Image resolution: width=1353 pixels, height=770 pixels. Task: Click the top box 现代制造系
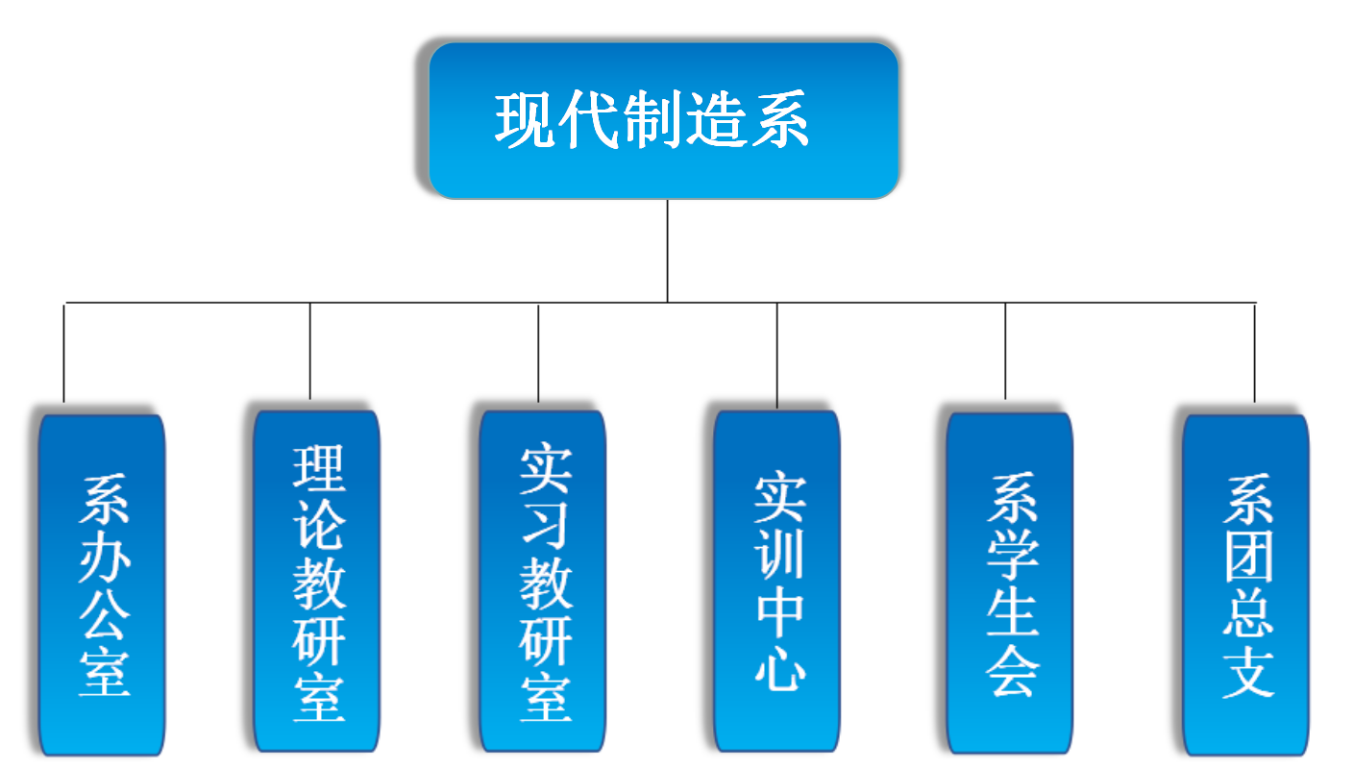pyautogui.click(x=663, y=120)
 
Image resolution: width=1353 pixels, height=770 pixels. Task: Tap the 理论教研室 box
pyautogui.click(x=317, y=581)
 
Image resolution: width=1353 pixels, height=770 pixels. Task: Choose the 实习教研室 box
pyautogui.click(x=543, y=581)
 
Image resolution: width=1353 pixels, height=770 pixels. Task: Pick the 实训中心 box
pyautogui.click(x=776, y=581)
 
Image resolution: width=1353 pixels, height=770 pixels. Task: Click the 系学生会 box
pyautogui.click(x=1009, y=583)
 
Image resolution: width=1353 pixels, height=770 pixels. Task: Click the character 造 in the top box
pyautogui.click(x=714, y=120)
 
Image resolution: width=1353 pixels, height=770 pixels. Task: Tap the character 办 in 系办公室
pyautogui.click(x=104, y=557)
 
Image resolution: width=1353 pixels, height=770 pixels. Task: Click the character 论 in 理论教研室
pyautogui.click(x=318, y=525)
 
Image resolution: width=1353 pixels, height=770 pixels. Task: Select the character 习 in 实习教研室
pyautogui.click(x=545, y=525)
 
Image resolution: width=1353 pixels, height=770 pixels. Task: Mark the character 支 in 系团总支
pyautogui.click(x=1247, y=669)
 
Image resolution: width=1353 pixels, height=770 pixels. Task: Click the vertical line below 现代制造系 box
pyautogui.click(x=667, y=250)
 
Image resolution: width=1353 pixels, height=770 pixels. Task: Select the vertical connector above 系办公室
pyautogui.click(x=64, y=352)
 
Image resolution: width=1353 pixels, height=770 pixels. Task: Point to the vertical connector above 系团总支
pyautogui.click(x=1254, y=352)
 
